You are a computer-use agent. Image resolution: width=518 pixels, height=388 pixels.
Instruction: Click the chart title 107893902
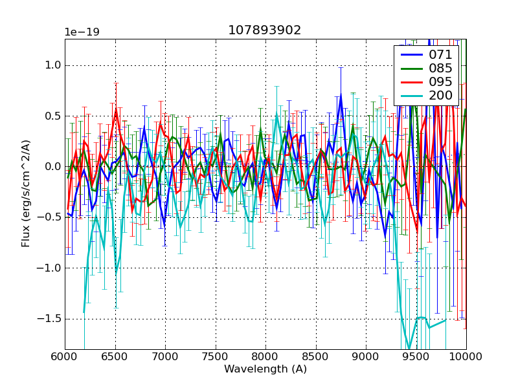265,30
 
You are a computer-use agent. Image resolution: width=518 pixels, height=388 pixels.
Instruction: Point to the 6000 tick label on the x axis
65,356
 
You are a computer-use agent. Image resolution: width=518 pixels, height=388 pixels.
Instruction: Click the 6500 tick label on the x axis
115,356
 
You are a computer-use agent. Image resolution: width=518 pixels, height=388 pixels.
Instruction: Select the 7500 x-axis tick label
216,356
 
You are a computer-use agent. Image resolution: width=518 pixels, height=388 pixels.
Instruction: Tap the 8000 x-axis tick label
265,356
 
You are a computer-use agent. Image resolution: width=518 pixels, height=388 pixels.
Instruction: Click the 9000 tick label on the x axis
366,356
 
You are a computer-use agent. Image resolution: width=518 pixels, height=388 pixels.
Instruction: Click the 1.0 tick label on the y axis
51,65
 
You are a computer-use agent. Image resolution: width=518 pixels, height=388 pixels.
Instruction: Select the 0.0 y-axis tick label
51,167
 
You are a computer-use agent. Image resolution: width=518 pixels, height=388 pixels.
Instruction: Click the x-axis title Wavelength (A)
265,369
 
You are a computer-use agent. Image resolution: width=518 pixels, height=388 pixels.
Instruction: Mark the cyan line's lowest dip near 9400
409,349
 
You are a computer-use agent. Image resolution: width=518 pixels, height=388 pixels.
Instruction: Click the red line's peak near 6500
116,110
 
